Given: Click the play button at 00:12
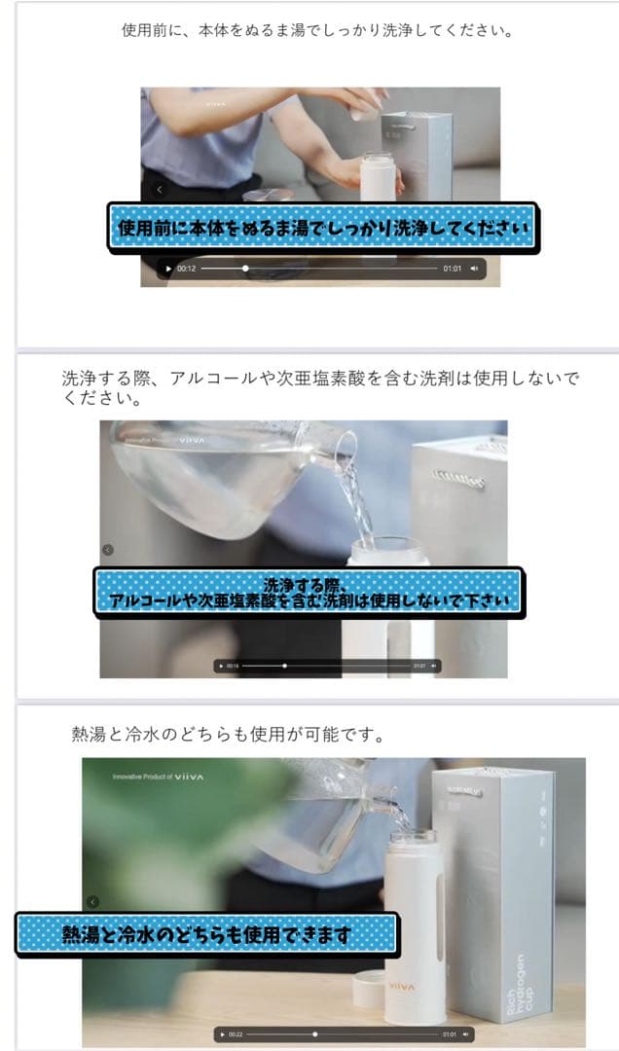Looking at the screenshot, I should [169, 269].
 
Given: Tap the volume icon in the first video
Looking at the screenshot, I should [475, 269].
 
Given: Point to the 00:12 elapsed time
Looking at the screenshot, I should [187, 269].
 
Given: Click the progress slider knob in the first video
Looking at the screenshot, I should [245, 269].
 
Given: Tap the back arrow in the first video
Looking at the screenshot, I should [160, 190].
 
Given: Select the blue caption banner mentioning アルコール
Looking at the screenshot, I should [309, 592].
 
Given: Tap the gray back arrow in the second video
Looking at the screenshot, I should [107, 550].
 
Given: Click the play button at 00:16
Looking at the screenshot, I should [222, 666].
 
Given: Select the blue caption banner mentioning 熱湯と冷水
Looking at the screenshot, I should [206, 934].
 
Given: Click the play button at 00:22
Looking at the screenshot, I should [223, 1033].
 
